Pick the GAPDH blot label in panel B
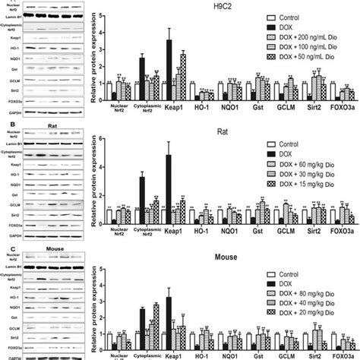[10, 236]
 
